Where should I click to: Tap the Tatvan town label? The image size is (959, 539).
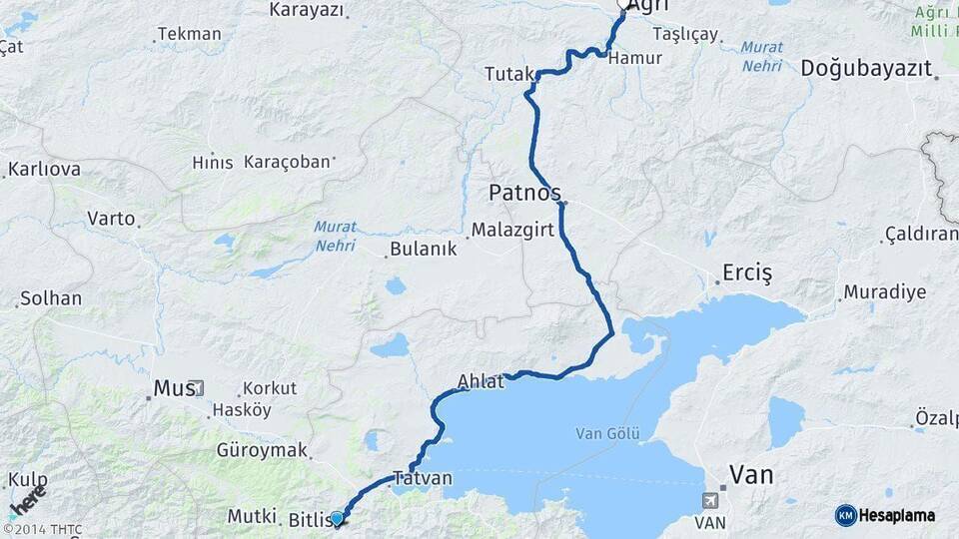(423, 478)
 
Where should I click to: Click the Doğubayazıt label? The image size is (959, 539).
(866, 68)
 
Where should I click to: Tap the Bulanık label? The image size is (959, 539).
(424, 249)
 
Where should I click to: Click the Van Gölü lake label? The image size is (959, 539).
(608, 433)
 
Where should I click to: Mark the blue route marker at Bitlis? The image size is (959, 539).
(337, 518)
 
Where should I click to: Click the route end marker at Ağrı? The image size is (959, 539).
(623, 4)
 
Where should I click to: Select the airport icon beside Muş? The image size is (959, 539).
(198, 387)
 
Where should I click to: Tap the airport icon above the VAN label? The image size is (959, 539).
(710, 500)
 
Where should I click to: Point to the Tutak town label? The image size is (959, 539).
(508, 74)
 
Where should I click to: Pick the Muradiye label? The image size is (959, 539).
(884, 292)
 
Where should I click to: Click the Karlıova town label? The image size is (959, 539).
(45, 169)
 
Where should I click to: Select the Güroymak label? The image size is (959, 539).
(263, 450)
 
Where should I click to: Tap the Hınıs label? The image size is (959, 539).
(213, 163)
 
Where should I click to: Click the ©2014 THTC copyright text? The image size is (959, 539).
(42, 529)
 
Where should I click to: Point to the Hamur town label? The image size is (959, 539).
(635, 58)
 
